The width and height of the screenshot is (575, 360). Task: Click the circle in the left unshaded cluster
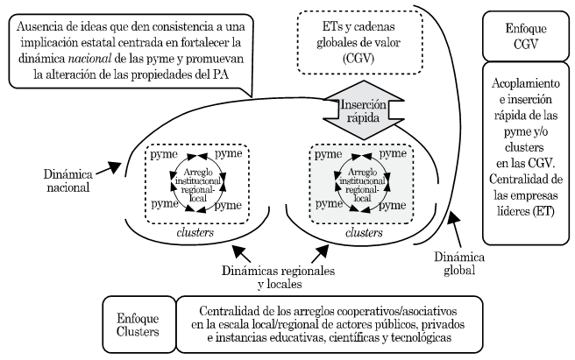click(x=195, y=179)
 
